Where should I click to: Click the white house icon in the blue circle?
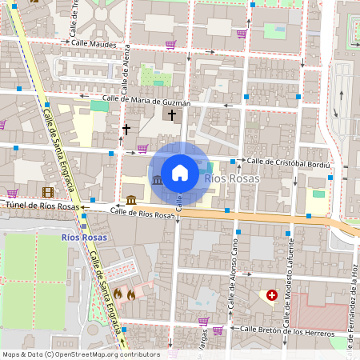[180, 173]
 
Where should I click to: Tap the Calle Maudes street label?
[98, 44]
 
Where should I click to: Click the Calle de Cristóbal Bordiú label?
[287, 162]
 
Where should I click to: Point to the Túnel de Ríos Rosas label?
[42, 206]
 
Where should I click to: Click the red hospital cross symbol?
[272, 296]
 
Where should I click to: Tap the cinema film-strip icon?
[49, 192]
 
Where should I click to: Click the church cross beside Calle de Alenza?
[126, 129]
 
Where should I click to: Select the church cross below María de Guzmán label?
[172, 116]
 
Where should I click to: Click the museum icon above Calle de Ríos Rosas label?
[130, 199]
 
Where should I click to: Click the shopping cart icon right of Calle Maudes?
[170, 45]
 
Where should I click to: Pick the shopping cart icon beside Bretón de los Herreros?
[218, 330]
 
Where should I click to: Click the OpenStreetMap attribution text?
[80, 354]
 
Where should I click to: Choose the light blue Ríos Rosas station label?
[232, 178]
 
